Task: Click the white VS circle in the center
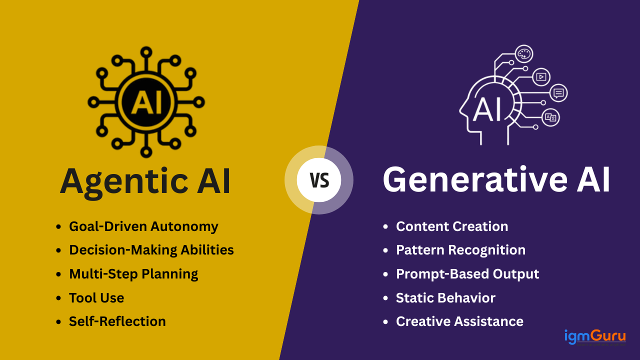coord(319,180)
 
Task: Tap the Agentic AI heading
coord(145,181)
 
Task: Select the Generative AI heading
coord(496,180)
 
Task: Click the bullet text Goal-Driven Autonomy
coord(143,226)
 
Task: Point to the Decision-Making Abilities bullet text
coord(151,250)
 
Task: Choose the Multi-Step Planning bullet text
coord(133,274)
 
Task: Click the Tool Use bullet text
coord(96,298)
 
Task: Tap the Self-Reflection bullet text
coord(117,321)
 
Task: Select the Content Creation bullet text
coord(452,226)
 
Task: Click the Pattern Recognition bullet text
coord(460,250)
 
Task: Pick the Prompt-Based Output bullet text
coord(467,274)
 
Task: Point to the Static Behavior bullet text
coord(445,298)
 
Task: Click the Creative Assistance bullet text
coord(459,321)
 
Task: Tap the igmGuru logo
coord(595,337)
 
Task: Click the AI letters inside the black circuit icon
coord(146,101)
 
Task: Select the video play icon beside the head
coord(540,76)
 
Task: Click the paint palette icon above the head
coord(523,53)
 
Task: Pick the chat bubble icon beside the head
coord(558,93)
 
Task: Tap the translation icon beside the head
coord(550,117)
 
